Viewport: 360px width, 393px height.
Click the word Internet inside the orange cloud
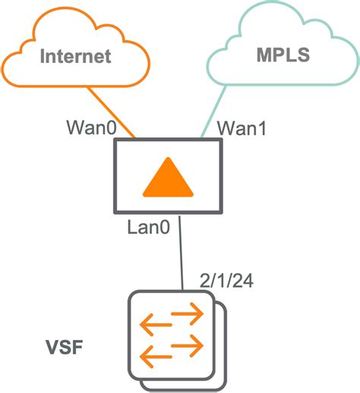tap(76, 56)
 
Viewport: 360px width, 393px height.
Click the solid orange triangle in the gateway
tap(168, 181)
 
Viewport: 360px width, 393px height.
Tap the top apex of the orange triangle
tap(168, 162)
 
